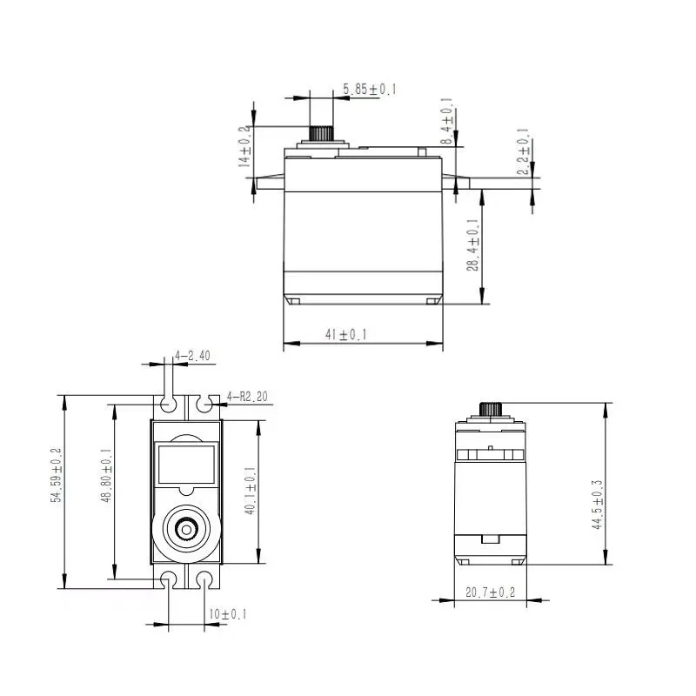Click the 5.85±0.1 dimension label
tap(369, 90)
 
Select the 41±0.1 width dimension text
tap(345, 334)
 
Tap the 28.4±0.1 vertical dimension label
tap(472, 244)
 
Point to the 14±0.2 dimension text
tap(244, 146)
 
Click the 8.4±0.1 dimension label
tap(446, 121)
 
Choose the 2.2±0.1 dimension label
tap(524, 151)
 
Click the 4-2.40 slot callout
tap(192, 356)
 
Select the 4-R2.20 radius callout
tap(247, 397)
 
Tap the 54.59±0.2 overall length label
tap(57, 475)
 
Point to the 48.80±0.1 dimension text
tap(106, 475)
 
